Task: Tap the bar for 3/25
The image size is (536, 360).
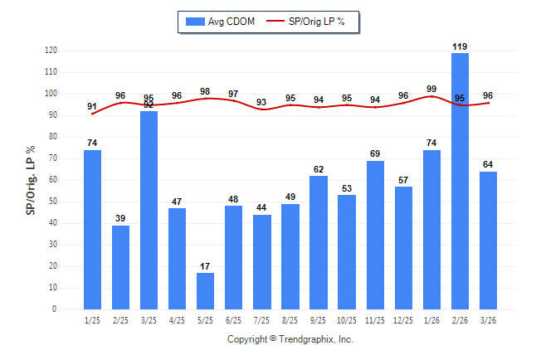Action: [x=149, y=210]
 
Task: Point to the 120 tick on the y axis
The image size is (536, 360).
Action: [x=51, y=51]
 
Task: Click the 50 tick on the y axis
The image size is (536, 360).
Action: [x=52, y=202]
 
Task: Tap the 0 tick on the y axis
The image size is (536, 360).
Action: [x=54, y=309]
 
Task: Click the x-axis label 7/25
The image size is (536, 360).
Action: [x=261, y=320]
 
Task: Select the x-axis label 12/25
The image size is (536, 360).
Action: [x=403, y=320]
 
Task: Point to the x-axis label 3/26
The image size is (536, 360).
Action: [x=488, y=320]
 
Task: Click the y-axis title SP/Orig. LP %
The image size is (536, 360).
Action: [x=31, y=179]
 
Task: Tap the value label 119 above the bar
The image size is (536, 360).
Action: [x=460, y=46]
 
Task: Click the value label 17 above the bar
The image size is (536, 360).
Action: [x=205, y=266]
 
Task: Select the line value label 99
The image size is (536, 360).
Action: [x=431, y=89]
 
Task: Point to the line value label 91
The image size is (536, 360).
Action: [x=92, y=106]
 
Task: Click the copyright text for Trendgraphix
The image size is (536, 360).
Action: [x=290, y=339]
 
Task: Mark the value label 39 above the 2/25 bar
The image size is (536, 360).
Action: [x=120, y=219]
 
